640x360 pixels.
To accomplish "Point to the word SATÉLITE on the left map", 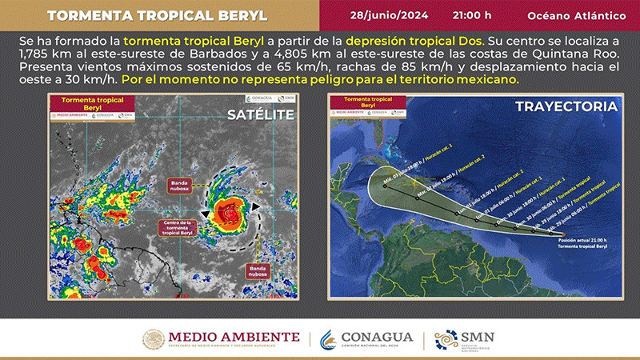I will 261,114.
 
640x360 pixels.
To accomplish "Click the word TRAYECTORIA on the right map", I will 566,106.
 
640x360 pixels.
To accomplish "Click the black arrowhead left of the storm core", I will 206,214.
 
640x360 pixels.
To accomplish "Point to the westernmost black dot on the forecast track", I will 385,185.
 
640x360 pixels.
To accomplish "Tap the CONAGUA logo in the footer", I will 367,339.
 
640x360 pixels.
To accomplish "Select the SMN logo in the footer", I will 465,339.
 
